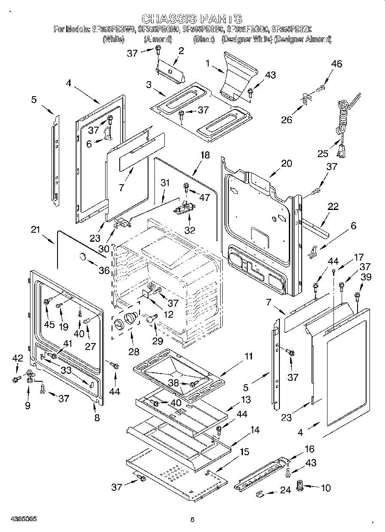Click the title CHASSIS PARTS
tap(192, 19)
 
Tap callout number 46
tap(336, 64)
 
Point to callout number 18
tap(205, 155)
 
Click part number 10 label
tap(326, 488)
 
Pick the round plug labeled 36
tap(82, 257)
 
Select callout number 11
tap(249, 356)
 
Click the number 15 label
tap(244, 453)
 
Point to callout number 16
tap(309, 449)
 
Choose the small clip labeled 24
tap(259, 494)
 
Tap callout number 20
tap(286, 164)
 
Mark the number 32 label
tap(190, 230)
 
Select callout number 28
tap(134, 352)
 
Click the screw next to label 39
tap(357, 295)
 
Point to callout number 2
tap(181, 51)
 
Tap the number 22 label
tap(333, 207)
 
